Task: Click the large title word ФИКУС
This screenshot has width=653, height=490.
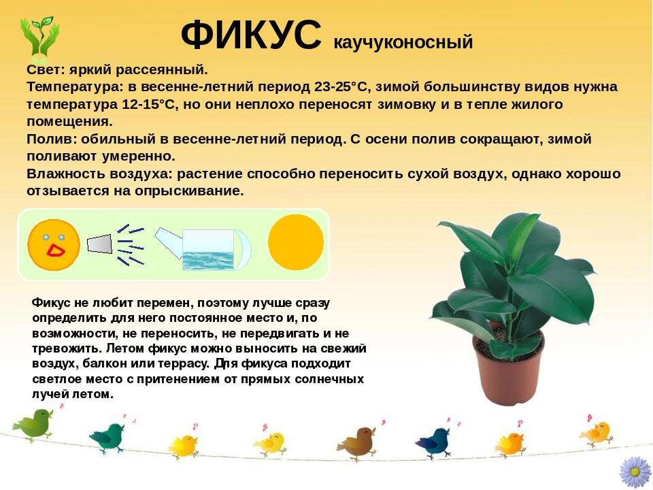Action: pos(250,35)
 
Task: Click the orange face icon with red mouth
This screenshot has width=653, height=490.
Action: pos(54,244)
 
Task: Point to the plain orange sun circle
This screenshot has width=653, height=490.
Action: pos(296,242)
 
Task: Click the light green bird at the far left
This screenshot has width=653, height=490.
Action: pos(33,423)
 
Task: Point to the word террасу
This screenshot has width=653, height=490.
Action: pos(186,363)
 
